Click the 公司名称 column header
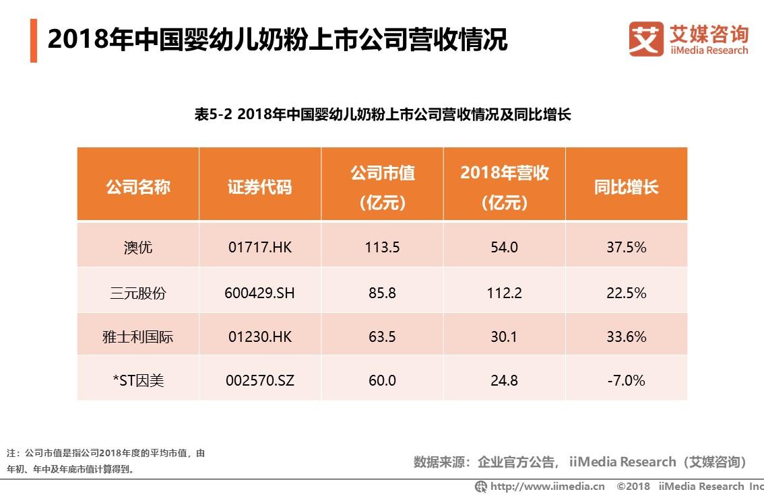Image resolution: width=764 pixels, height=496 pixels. coord(138,186)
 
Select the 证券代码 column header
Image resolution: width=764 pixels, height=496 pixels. coord(260,186)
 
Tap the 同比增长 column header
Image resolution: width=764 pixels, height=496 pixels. coord(626,186)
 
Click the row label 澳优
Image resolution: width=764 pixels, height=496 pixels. coord(138,247)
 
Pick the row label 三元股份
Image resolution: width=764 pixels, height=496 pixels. coord(138,293)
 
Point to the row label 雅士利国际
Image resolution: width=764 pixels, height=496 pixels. coord(138,336)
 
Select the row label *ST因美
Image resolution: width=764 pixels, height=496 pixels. coord(138,380)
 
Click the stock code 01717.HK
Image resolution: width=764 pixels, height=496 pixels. coord(260,247)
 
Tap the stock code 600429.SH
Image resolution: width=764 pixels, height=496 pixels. coord(260,293)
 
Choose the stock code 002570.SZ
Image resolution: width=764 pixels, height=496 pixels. coord(260,380)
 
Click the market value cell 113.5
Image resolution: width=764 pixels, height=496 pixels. coord(382,247)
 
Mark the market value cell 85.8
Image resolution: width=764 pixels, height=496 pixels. coord(382,293)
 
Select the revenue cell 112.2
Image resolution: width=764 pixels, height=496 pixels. coord(504,293)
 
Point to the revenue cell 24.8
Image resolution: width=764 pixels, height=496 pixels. coord(504,380)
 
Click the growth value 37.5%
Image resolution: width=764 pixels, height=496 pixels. coord(626,247)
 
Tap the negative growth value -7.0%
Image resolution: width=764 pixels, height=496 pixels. coord(626,380)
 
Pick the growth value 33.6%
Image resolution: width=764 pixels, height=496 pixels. coord(626,336)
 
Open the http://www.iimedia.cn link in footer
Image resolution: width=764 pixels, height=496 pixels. coord(546,486)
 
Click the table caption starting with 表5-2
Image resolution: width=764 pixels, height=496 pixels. coord(382,114)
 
